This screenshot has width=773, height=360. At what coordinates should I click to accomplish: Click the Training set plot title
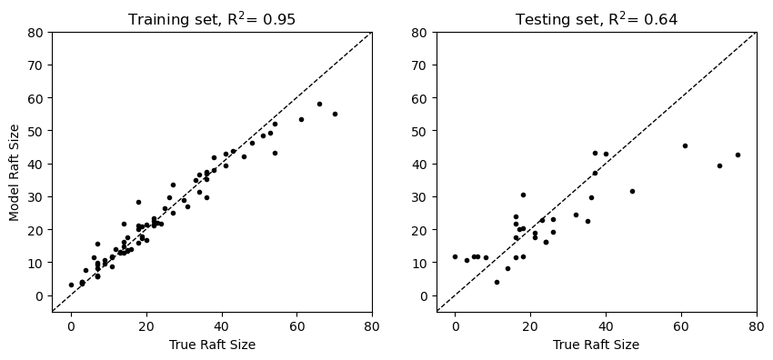pyautogui.click(x=211, y=19)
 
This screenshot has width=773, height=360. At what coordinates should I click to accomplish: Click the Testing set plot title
pyautogui.click(x=596, y=19)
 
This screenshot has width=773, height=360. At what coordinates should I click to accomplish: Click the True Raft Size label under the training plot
pyautogui.click(x=211, y=345)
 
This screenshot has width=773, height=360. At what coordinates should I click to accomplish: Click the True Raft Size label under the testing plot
pyautogui.click(x=596, y=345)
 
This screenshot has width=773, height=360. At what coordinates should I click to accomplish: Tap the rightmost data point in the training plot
pyautogui.click(x=335, y=114)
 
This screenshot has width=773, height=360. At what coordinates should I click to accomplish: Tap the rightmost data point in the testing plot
pyautogui.click(x=738, y=155)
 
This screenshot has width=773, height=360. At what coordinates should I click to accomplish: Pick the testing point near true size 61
pyautogui.click(x=685, y=145)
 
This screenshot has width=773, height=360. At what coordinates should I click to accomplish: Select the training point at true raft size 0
pyautogui.click(x=71, y=285)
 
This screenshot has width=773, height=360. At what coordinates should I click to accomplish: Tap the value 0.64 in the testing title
pyautogui.click(x=661, y=19)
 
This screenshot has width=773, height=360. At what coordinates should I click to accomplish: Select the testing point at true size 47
pyautogui.click(x=632, y=191)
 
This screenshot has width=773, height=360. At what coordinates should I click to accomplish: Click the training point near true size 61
pyautogui.click(x=301, y=119)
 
